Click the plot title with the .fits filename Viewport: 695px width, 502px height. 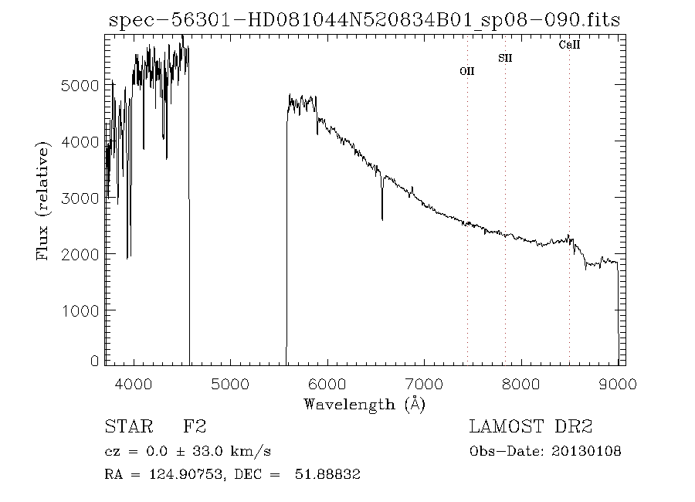click(x=364, y=20)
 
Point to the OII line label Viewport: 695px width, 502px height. click(x=466, y=71)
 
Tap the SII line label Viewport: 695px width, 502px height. click(x=505, y=58)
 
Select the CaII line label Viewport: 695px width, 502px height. click(x=569, y=45)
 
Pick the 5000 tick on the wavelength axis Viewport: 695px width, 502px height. click(x=229, y=384)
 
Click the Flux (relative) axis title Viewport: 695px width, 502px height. click(x=43, y=200)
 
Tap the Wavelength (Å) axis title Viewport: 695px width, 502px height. click(x=364, y=404)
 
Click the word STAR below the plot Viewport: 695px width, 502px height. click(x=124, y=426)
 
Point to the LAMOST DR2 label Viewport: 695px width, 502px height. click(x=531, y=426)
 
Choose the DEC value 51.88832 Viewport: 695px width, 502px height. click(x=328, y=474)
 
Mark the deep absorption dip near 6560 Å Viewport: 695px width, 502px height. click(x=382, y=216)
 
